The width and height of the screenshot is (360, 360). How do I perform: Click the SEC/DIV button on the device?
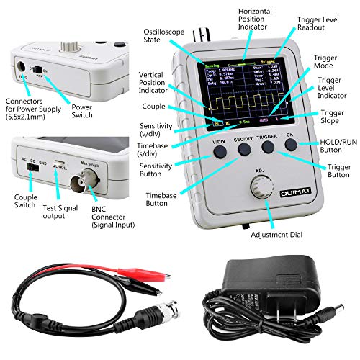pos(244,149)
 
